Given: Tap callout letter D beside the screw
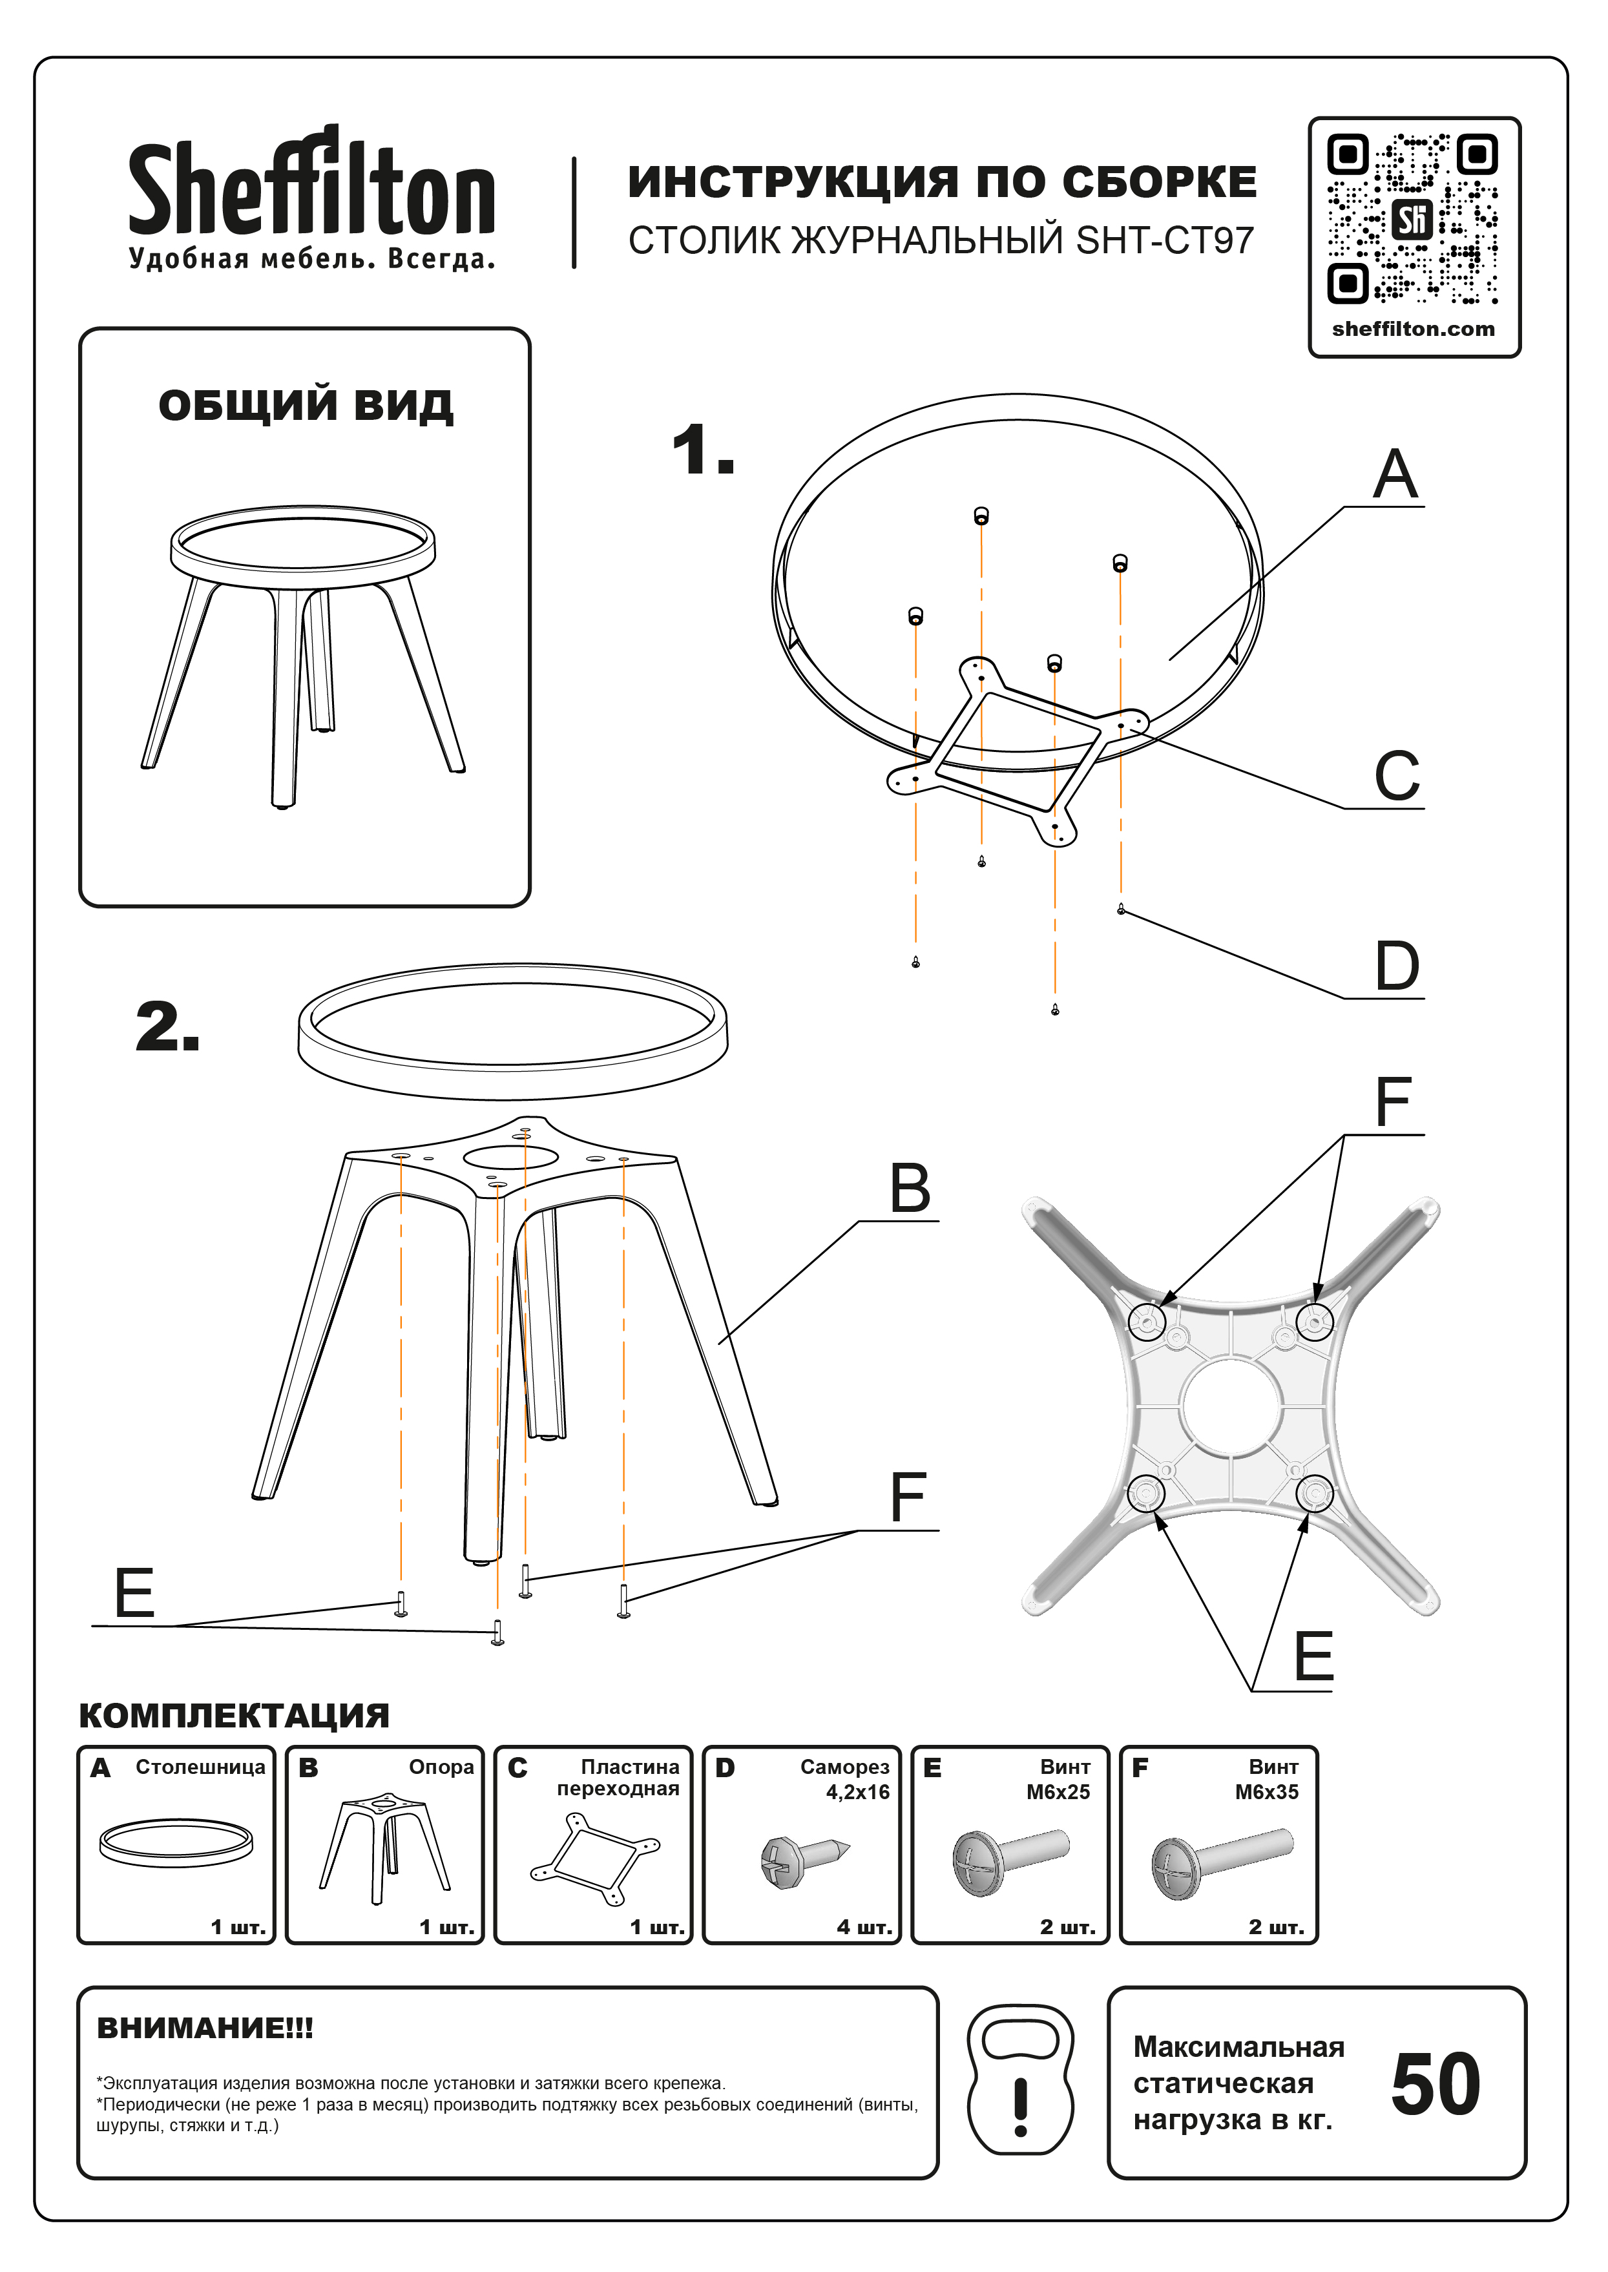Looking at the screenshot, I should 1396,966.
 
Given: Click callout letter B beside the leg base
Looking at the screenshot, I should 909,1188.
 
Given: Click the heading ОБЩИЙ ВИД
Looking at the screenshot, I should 306,405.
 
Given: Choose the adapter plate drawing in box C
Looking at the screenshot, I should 595,1858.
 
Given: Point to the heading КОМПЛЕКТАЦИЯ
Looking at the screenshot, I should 234,1714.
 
